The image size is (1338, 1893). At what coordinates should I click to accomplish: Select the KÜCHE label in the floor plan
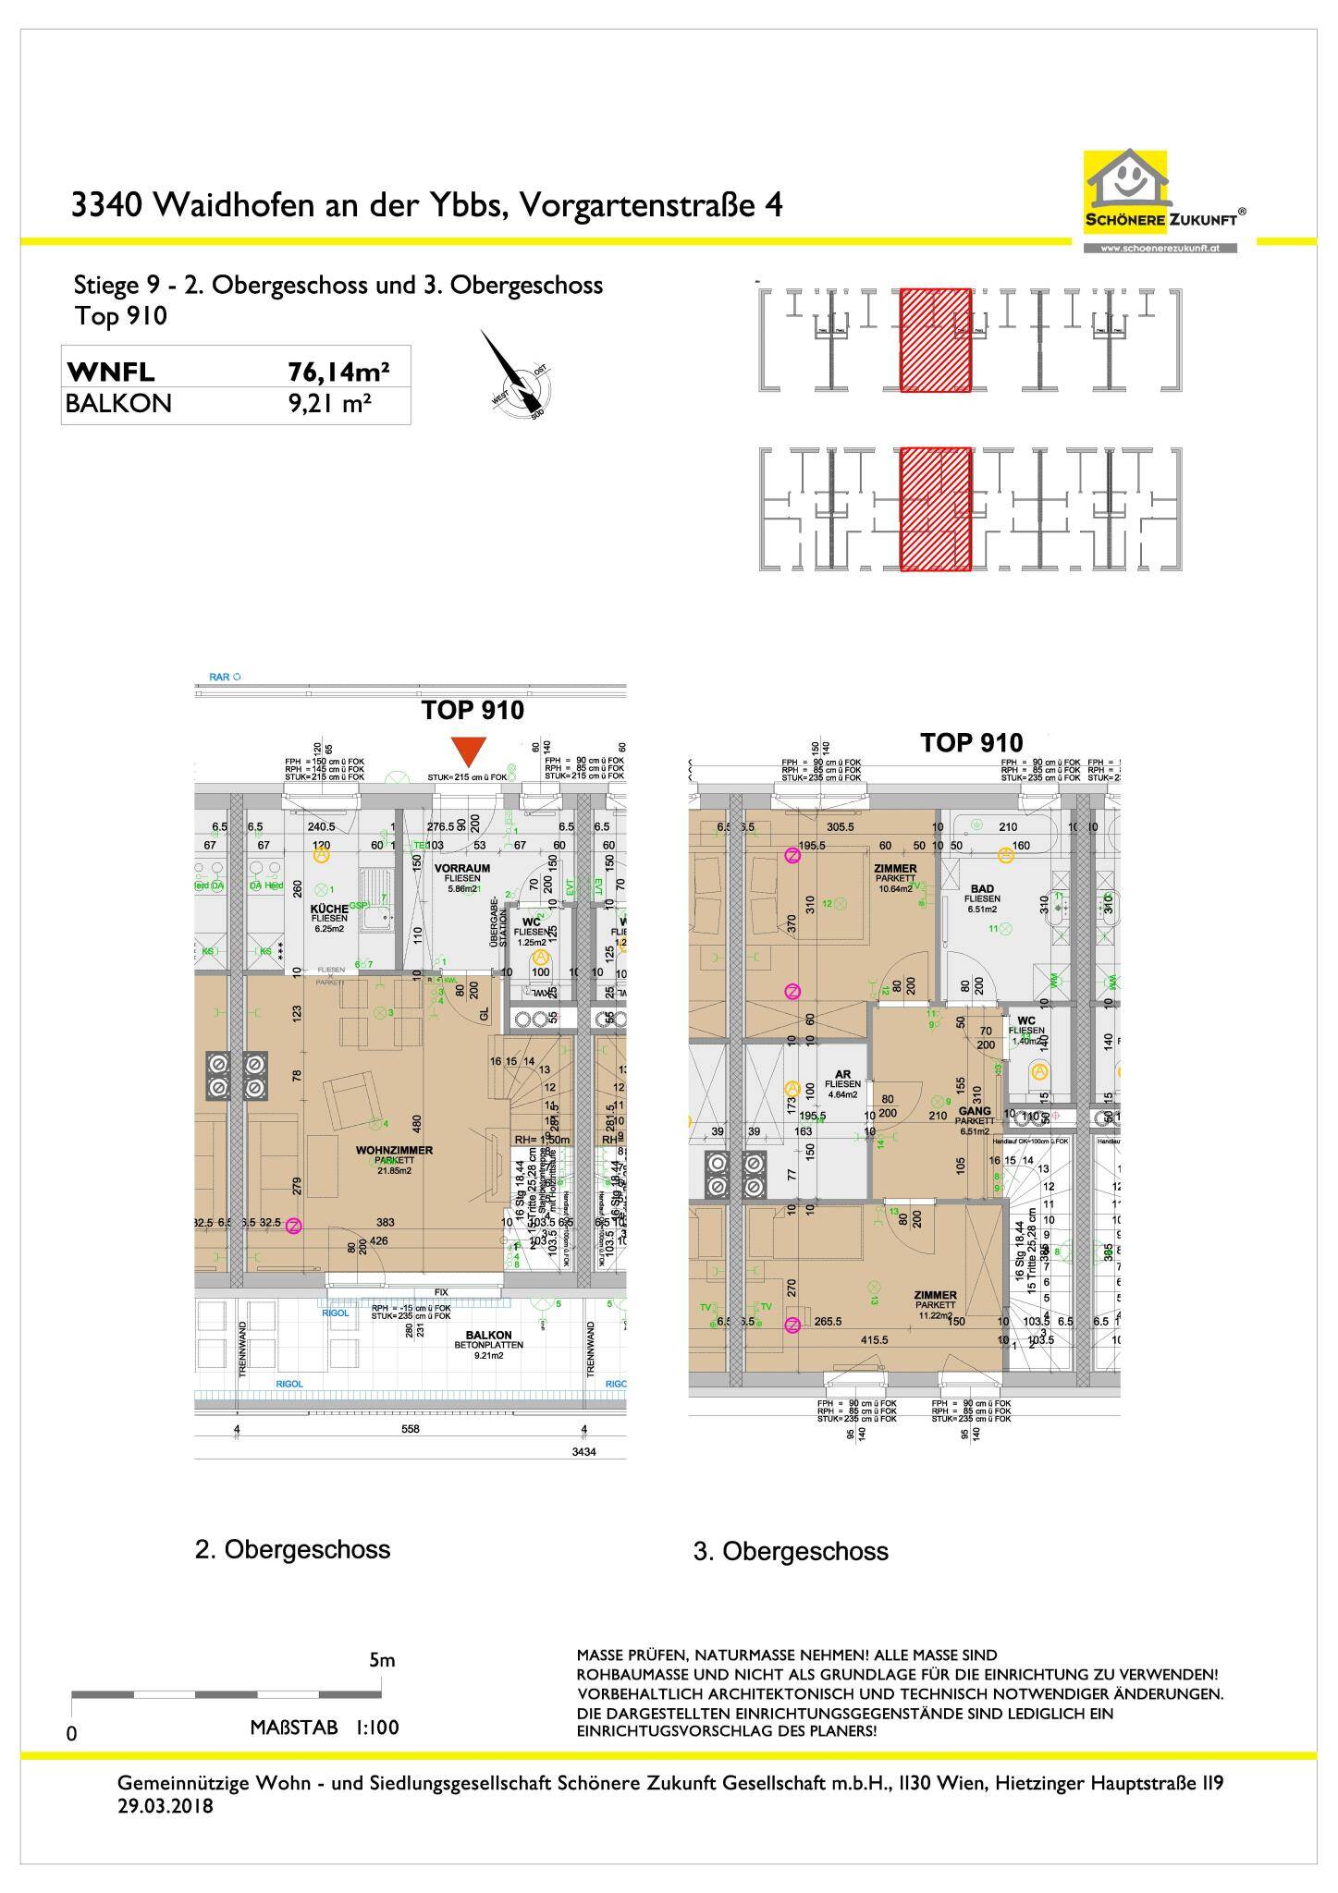click(329, 910)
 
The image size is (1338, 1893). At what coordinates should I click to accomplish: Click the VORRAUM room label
click(462, 870)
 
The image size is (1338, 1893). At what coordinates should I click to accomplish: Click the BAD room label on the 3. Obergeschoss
click(982, 888)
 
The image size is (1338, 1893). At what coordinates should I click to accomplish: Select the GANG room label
click(975, 1112)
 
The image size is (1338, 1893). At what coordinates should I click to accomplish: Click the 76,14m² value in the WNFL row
click(338, 372)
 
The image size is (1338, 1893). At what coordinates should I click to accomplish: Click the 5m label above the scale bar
click(382, 1660)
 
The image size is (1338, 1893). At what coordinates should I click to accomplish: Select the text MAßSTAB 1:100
click(325, 1728)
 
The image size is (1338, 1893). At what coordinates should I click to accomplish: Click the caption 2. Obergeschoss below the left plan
click(292, 1549)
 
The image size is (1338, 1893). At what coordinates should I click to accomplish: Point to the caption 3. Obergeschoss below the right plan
click(791, 1551)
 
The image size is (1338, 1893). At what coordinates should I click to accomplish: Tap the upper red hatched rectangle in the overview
click(935, 340)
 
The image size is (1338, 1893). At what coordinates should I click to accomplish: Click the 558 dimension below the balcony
click(410, 1429)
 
